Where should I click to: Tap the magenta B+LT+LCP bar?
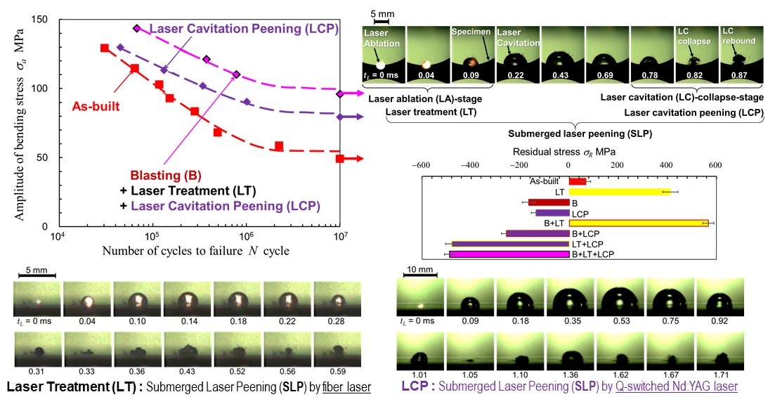509,254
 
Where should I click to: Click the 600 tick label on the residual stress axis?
715,165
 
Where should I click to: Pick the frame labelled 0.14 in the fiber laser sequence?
186,300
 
